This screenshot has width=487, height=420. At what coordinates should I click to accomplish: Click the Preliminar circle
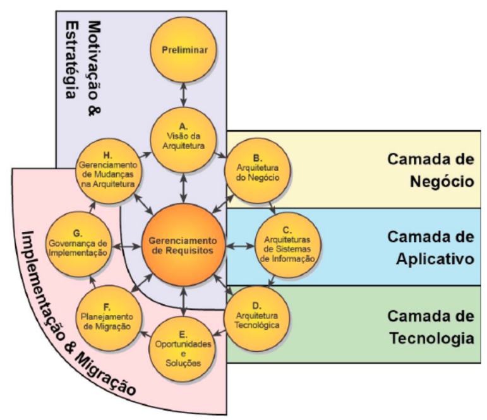tap(183, 49)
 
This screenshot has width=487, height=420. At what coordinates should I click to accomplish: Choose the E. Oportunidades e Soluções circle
tap(183, 349)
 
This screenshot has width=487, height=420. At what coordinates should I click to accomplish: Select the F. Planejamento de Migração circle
tap(108, 316)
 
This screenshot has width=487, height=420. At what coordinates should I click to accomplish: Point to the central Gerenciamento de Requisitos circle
tap(183, 245)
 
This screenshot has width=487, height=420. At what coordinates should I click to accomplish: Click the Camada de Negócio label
tap(430, 170)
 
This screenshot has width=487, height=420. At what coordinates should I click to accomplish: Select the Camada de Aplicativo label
tap(430, 247)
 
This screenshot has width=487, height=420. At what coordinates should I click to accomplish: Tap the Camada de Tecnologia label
tap(430, 326)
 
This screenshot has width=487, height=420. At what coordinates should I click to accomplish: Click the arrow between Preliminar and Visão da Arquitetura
tap(183, 95)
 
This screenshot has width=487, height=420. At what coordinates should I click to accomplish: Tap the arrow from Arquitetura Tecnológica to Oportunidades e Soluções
tap(221, 334)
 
